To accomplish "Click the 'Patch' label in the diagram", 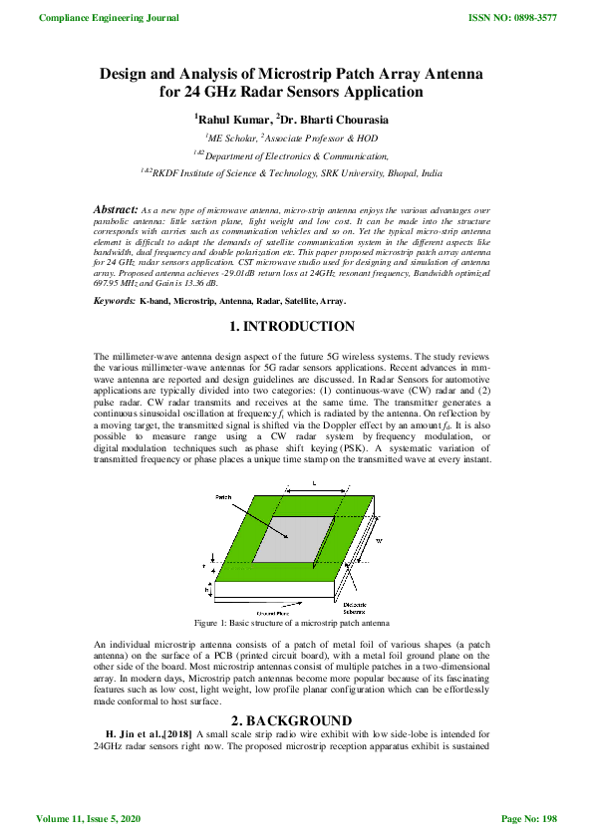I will (x=224, y=495).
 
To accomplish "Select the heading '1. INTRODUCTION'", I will (x=296, y=326).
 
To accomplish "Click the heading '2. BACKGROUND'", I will (x=296, y=693).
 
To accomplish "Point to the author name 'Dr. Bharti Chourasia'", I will (x=336, y=119).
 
